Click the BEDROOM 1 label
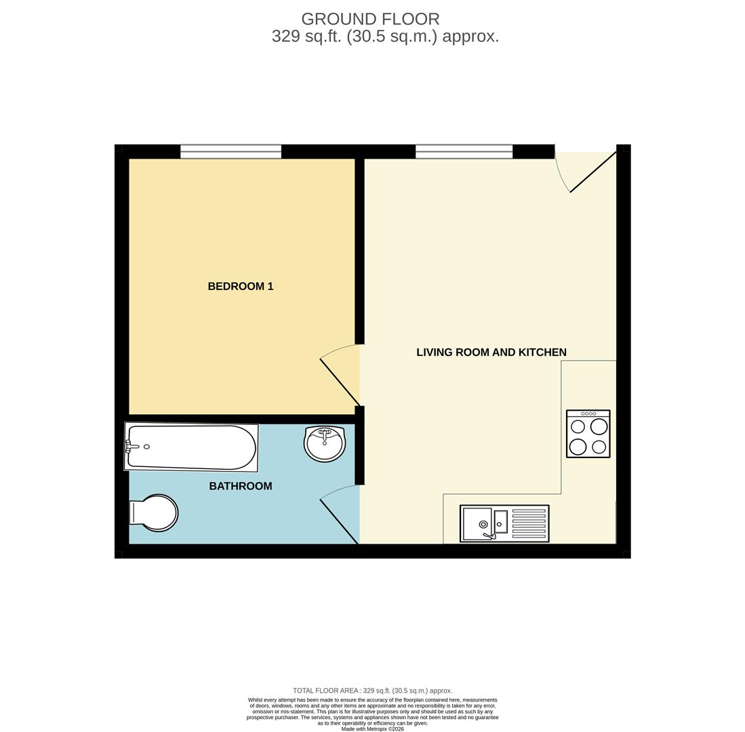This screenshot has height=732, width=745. pyautogui.click(x=241, y=286)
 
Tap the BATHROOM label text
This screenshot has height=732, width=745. pyautogui.click(x=241, y=486)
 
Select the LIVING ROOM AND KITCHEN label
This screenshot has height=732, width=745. pyautogui.click(x=491, y=352)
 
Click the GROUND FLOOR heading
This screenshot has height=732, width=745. pyautogui.click(x=370, y=19)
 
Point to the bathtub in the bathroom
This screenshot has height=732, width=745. pyautogui.click(x=192, y=447)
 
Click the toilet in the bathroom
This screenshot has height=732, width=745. pyautogui.click(x=155, y=512)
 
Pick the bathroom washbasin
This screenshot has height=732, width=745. pyautogui.click(x=325, y=444)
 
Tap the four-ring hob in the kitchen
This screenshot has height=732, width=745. pyautogui.click(x=588, y=434)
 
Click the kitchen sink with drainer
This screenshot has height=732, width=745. pyautogui.click(x=504, y=523)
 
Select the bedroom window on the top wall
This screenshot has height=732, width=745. pyautogui.click(x=230, y=151)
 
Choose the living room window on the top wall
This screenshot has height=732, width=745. pyautogui.click(x=464, y=151)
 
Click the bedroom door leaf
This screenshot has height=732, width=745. pyautogui.click(x=340, y=382)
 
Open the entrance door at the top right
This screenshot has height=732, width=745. pyautogui.click(x=593, y=171)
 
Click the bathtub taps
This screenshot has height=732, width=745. pyautogui.click(x=129, y=446)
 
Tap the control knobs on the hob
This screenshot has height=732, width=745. pyautogui.click(x=588, y=413)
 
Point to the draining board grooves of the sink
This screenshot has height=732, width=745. pyautogui.click(x=529, y=523)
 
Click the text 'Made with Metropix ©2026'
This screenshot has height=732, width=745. pyautogui.click(x=372, y=729)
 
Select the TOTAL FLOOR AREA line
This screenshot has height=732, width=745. pyautogui.click(x=372, y=691)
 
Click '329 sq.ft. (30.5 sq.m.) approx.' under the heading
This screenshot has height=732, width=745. pyautogui.click(x=385, y=37)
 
